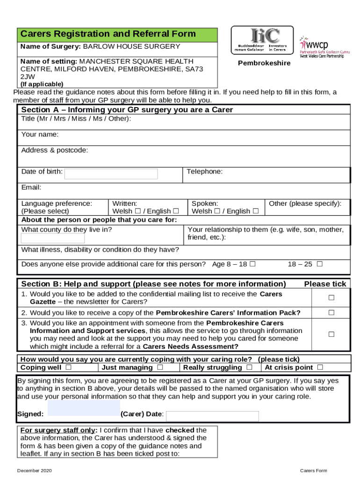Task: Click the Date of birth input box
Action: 111,174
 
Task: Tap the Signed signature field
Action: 84,408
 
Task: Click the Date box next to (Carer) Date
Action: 212,416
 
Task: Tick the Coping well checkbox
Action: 69,367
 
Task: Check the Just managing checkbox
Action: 160,367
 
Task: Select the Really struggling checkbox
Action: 250,367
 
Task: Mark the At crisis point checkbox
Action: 320,367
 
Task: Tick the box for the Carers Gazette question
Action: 331,298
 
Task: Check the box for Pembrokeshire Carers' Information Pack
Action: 331,312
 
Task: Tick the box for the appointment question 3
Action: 331,334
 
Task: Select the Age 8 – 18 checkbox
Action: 252,264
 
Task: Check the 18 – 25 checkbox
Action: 320,264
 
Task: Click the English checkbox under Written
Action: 176,211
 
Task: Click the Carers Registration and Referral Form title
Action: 108,34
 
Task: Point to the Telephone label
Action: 204,172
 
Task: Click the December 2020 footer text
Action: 35,470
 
